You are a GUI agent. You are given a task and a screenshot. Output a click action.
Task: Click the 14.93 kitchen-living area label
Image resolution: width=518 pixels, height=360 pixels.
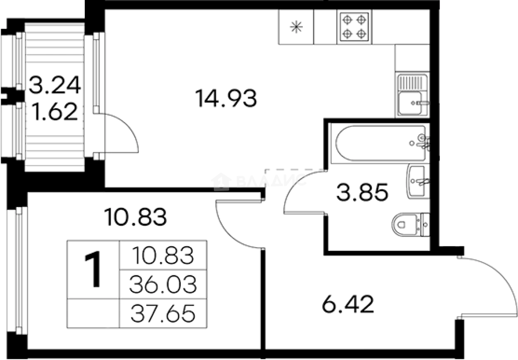[226, 98]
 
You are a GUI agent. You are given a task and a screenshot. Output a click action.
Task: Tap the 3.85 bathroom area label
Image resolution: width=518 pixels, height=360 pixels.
[362, 192]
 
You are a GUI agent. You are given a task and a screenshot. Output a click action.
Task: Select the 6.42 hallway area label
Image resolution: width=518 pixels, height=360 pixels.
[348, 304]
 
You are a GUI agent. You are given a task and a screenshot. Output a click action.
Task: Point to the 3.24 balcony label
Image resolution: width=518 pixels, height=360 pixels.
[55, 85]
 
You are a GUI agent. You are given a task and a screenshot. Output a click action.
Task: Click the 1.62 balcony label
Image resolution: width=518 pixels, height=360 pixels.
[55, 112]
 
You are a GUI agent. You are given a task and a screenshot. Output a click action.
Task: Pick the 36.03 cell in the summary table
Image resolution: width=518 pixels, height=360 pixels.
[163, 284]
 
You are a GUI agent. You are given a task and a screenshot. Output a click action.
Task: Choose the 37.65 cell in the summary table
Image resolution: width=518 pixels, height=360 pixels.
[163, 313]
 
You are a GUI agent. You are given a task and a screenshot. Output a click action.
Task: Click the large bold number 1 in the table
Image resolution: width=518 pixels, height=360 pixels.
[93, 269]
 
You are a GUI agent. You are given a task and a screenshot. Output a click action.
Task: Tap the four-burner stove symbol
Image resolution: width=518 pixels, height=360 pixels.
[354, 27]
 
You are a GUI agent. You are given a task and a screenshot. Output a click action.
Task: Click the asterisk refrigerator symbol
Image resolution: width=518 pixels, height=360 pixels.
[296, 27]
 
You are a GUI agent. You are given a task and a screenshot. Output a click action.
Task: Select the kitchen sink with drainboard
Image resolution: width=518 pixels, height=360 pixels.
[412, 95]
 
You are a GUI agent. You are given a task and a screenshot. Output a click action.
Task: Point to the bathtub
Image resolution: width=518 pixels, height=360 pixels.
[380, 143]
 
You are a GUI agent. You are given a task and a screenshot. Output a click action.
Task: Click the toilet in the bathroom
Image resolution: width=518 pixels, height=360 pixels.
[411, 225]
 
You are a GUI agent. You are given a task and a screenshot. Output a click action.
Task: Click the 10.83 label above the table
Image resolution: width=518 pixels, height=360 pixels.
[135, 217]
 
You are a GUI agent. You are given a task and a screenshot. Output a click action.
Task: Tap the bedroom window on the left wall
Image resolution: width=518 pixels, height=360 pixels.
[17, 271]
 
